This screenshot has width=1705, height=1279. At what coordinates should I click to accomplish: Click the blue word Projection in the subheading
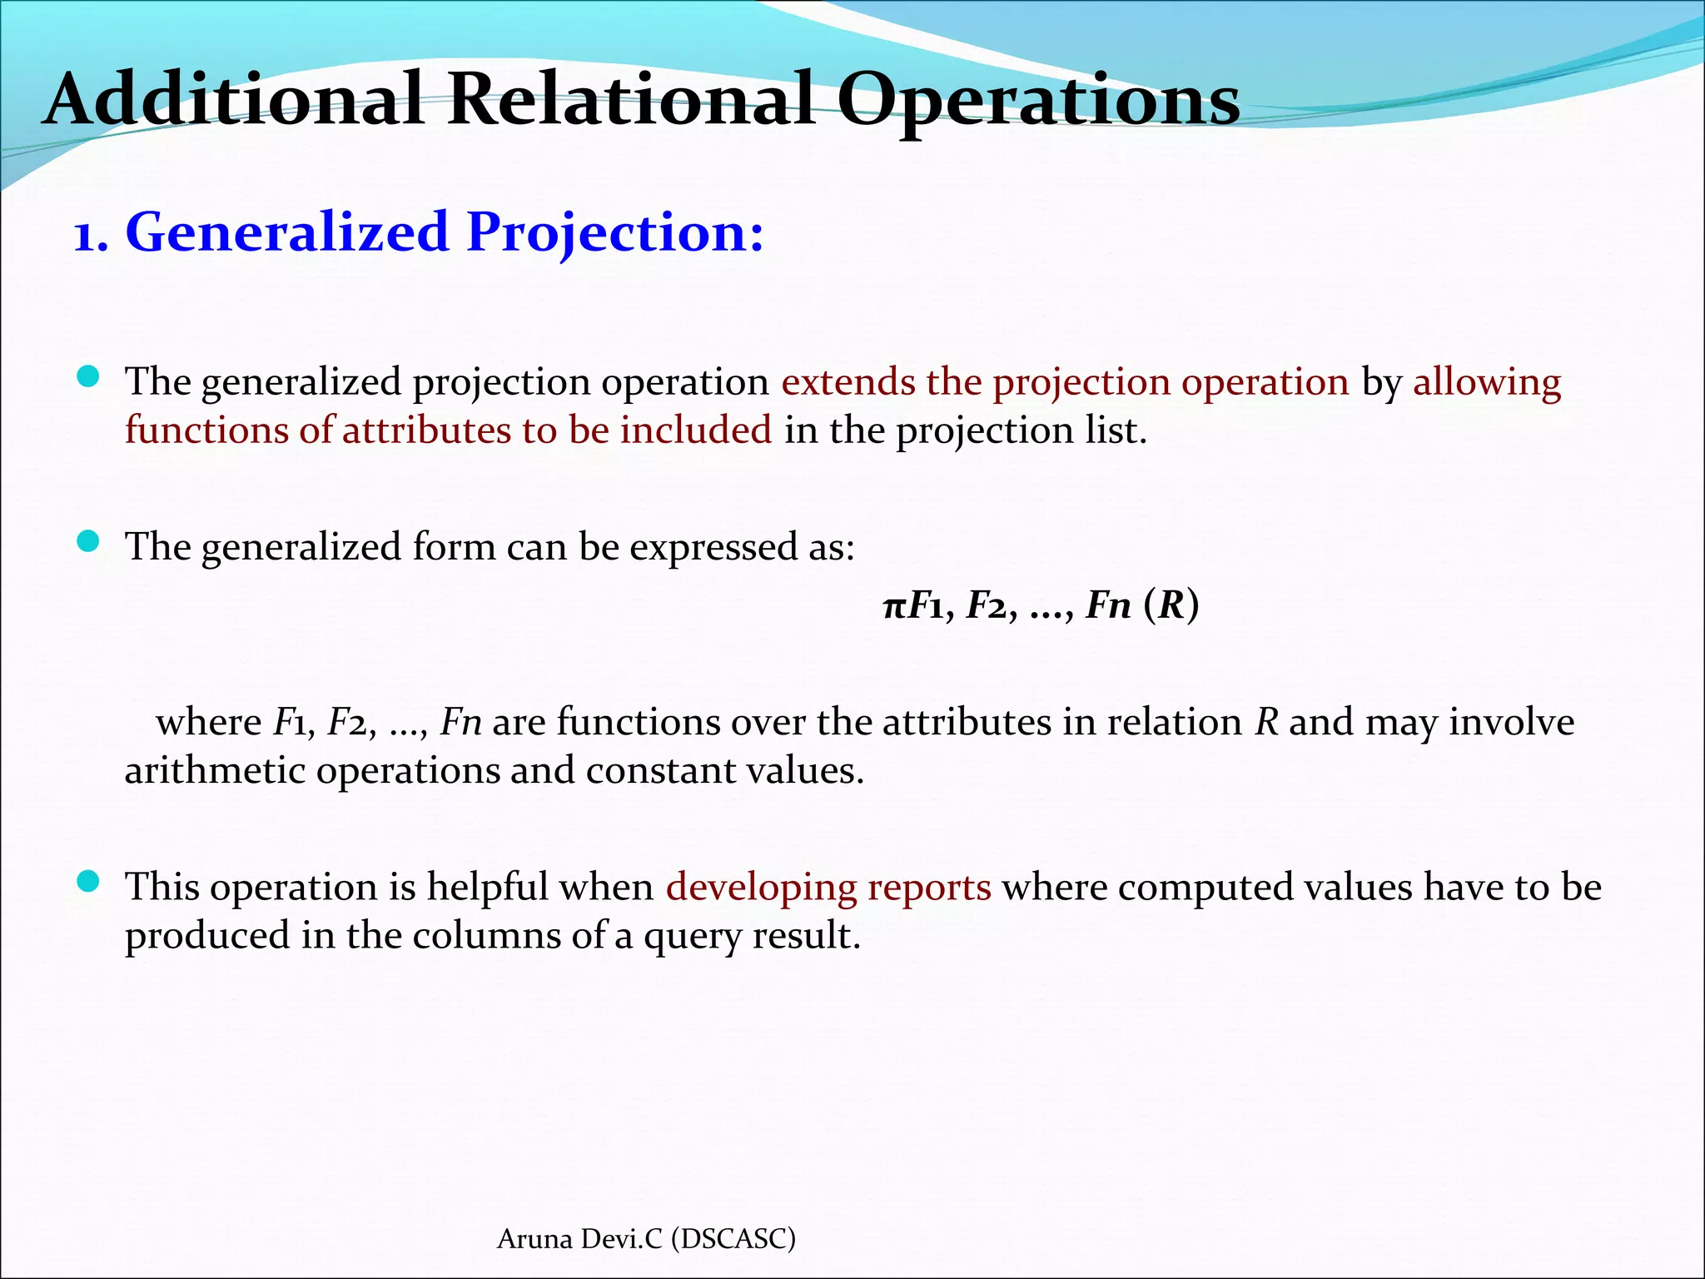tap(614, 233)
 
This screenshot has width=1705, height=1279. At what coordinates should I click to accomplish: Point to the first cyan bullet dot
tap(87, 377)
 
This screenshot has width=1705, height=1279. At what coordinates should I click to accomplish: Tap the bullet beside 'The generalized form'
tap(87, 542)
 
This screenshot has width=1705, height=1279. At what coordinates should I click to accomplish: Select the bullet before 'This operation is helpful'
tap(87, 882)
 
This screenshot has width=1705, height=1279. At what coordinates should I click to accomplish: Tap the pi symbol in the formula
tap(893, 606)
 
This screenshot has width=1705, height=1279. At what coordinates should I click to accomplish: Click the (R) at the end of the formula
tap(1171, 605)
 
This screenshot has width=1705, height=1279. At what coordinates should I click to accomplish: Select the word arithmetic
tap(214, 770)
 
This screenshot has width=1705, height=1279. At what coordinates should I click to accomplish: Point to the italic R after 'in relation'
tap(1266, 722)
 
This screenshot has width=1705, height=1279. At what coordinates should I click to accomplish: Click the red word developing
tap(761, 888)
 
